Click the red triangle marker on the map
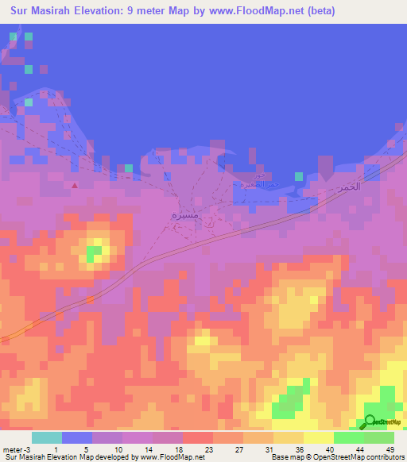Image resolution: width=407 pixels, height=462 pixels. (75, 186)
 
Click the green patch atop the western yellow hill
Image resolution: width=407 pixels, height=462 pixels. (94, 254)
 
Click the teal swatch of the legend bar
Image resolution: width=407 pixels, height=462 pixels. (47, 437)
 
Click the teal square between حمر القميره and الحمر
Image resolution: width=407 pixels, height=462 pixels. (298, 175)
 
